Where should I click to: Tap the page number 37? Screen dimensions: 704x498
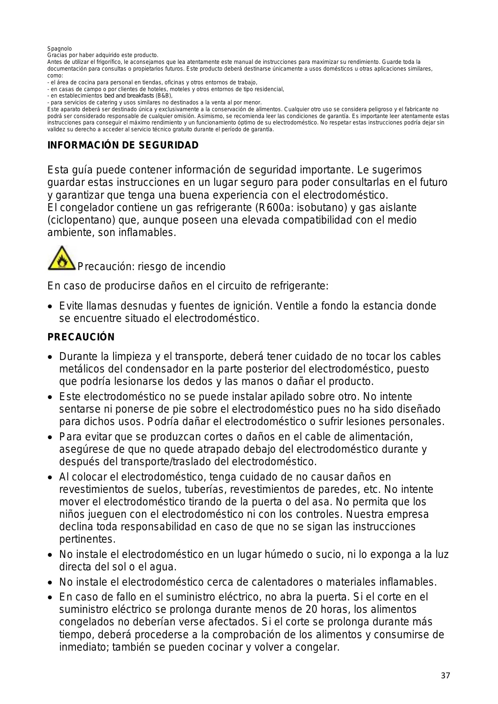click(445, 676)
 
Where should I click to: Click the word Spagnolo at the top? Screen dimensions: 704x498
click(60, 49)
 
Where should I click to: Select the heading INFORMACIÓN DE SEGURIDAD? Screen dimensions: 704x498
click(123, 145)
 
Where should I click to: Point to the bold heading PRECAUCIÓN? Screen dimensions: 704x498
click(81, 337)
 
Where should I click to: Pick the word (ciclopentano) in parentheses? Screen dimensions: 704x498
click(81, 220)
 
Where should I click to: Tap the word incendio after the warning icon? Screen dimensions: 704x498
click(205, 267)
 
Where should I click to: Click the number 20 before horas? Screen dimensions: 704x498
click(311, 610)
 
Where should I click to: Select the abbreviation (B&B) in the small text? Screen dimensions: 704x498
click(164, 96)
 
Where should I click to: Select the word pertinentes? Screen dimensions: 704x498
click(87, 539)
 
